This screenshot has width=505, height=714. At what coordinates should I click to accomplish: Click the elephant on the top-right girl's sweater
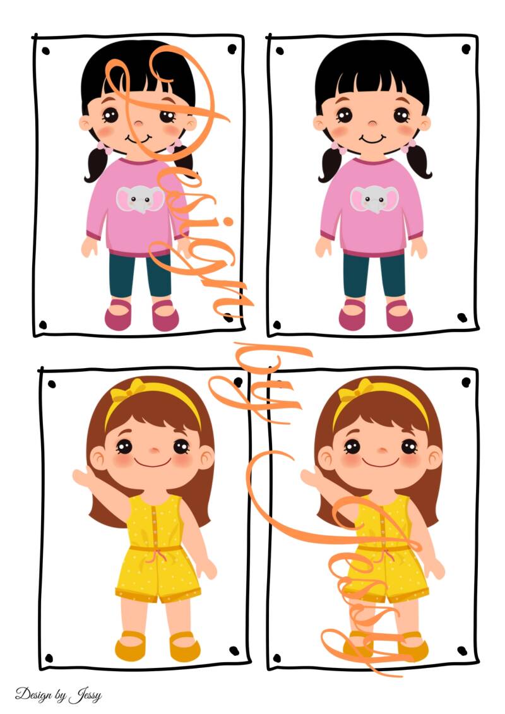(x=374, y=199)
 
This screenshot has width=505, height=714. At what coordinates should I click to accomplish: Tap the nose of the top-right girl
(x=372, y=123)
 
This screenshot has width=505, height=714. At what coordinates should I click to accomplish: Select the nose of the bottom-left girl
(x=154, y=450)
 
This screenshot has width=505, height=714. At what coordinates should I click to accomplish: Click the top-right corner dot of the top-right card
(x=466, y=48)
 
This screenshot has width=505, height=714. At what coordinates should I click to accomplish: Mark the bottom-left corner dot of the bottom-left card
(x=49, y=658)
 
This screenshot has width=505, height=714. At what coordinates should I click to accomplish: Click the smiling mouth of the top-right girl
(x=372, y=139)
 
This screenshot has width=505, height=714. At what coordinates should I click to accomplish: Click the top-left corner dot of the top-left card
(x=45, y=51)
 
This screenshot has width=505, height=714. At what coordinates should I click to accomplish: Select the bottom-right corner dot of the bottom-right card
(x=462, y=651)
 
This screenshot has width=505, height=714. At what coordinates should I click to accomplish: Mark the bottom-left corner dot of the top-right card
(x=276, y=324)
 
